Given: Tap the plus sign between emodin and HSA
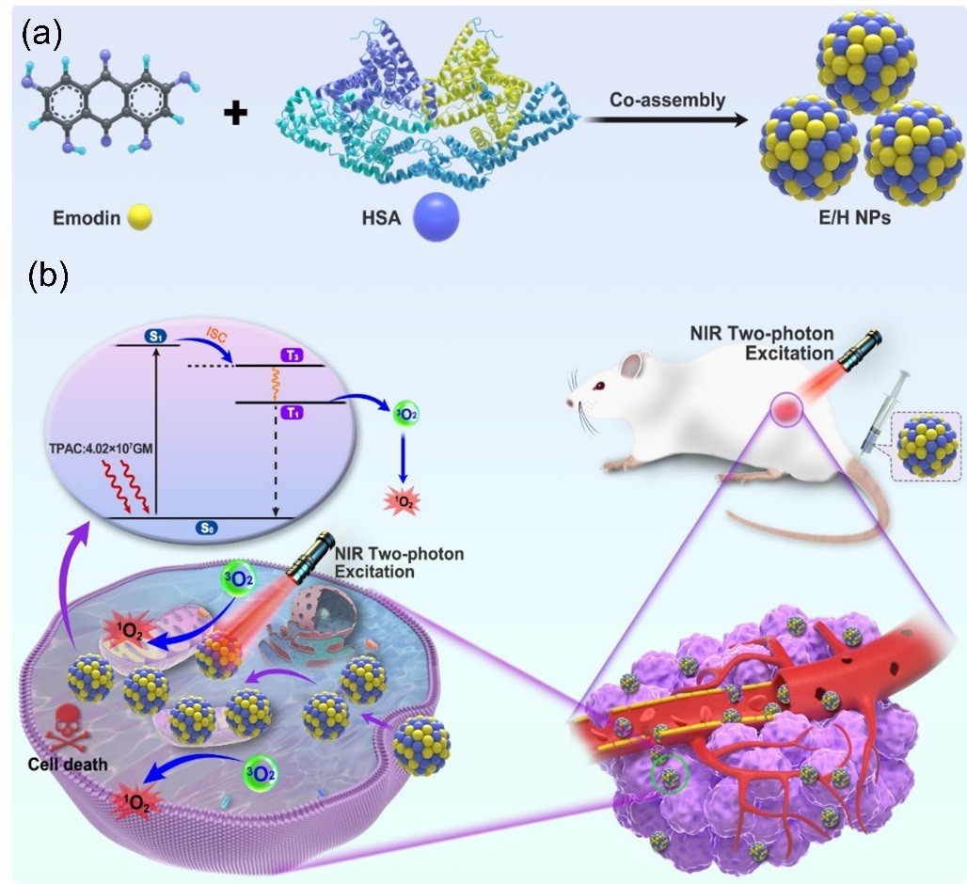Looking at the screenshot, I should (234, 115).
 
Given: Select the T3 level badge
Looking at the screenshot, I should (291, 357).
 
